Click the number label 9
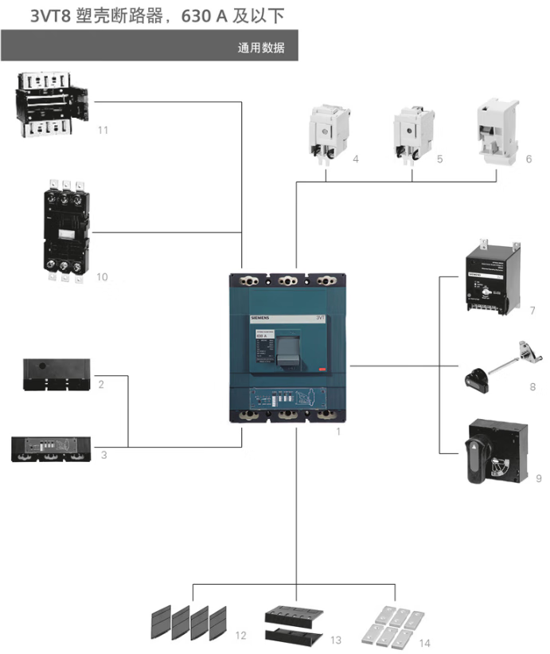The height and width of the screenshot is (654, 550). (539, 479)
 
